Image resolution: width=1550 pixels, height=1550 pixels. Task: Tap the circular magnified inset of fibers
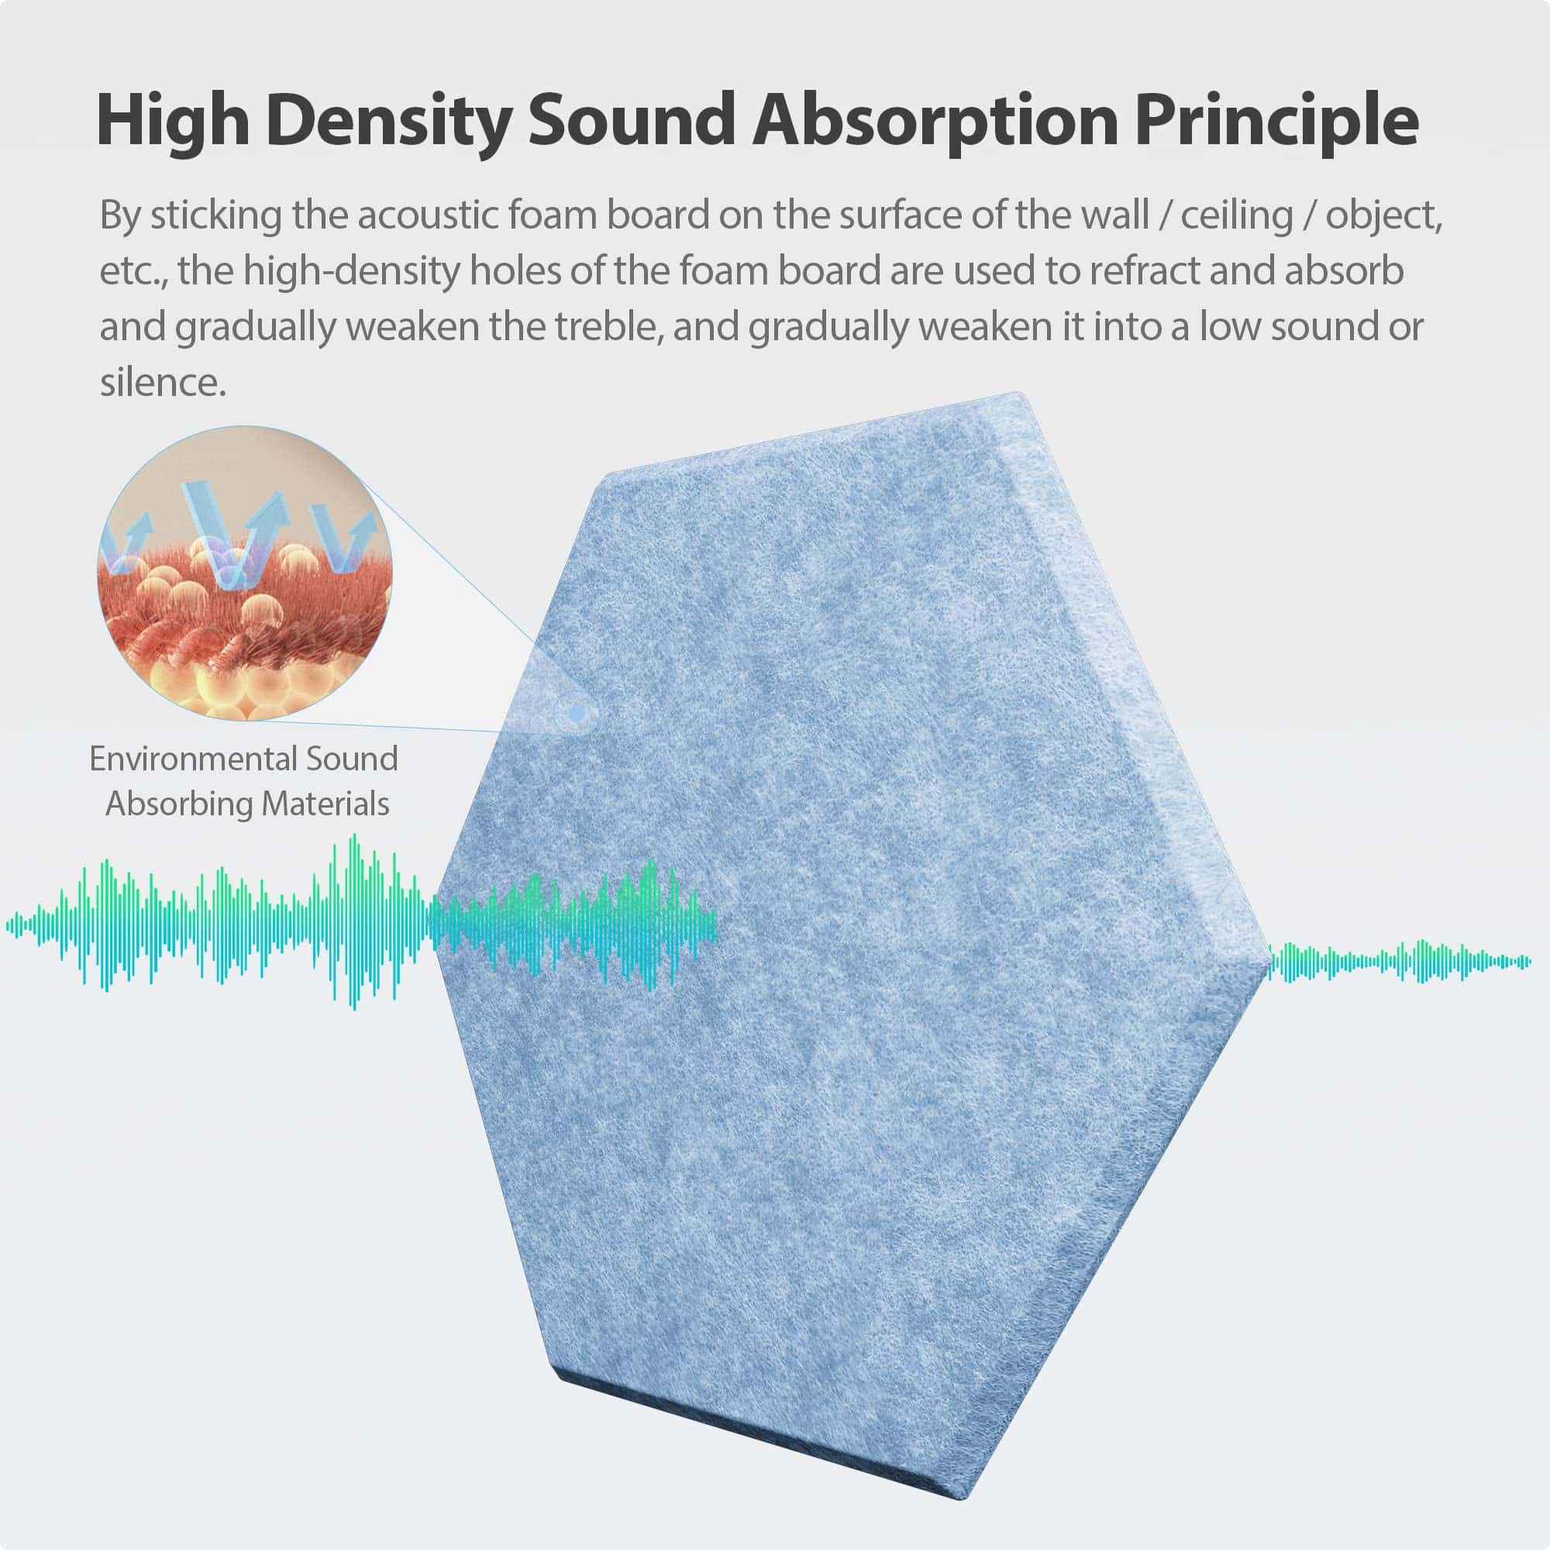(x=245, y=573)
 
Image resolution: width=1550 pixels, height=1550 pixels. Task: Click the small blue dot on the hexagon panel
(x=576, y=711)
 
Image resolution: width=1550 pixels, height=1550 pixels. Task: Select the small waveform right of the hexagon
(x=1399, y=960)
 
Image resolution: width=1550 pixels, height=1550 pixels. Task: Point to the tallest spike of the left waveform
(x=353, y=921)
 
